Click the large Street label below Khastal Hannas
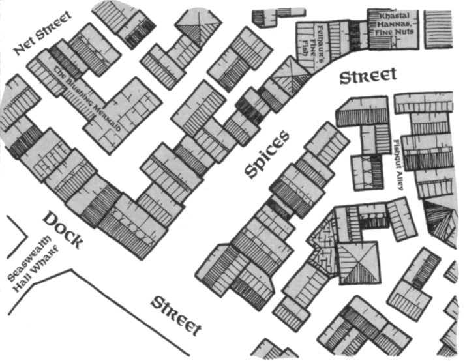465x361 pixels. click(367, 76)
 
